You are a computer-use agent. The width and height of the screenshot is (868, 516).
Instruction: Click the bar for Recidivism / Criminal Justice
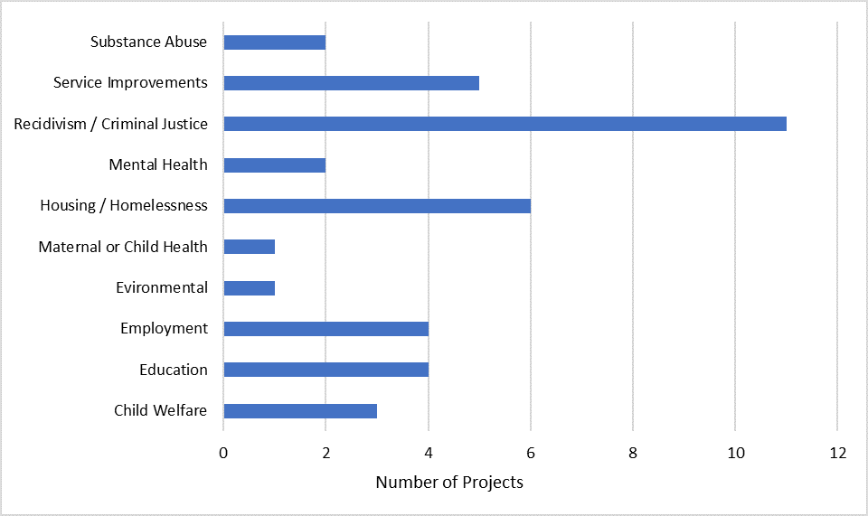pos(505,124)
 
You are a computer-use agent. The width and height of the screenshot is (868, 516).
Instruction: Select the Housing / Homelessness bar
pos(377,206)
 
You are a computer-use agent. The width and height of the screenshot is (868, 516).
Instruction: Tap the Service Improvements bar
pos(351,83)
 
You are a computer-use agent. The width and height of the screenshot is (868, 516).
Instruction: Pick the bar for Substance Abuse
pos(274,42)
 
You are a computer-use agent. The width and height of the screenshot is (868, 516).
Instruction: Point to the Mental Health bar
pos(274,165)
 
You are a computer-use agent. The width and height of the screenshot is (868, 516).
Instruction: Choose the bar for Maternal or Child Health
pos(249,247)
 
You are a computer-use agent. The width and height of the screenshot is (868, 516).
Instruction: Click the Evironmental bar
pos(249,288)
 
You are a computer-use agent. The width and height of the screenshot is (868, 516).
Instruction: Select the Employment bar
pos(325,329)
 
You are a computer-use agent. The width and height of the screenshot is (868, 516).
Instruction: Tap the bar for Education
pos(325,370)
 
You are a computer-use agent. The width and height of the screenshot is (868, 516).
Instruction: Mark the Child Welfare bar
pos(300,411)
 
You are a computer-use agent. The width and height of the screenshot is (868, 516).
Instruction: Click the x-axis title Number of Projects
pos(449,483)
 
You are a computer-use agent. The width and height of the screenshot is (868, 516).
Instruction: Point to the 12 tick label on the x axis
pos(837,453)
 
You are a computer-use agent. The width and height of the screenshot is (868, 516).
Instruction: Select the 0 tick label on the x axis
pos(223,453)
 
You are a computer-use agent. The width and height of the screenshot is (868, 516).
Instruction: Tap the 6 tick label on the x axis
pos(531,453)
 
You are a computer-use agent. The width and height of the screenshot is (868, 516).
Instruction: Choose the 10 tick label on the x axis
pos(735,453)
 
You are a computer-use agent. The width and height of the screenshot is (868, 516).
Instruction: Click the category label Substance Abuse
pos(148,42)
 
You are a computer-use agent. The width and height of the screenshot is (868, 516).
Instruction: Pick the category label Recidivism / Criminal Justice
pos(110,124)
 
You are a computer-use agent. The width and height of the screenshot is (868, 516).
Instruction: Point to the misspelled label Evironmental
pos(161,288)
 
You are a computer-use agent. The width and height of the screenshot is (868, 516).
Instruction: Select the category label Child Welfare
pos(160,411)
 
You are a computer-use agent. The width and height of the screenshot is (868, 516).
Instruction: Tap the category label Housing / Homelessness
pos(123,206)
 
